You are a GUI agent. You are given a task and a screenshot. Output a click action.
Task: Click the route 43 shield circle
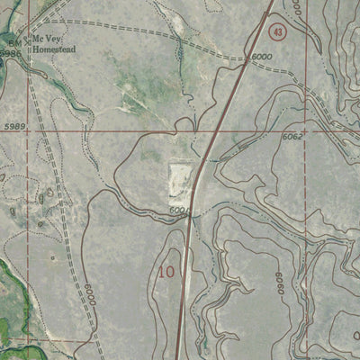pyautogui.click(x=278, y=32)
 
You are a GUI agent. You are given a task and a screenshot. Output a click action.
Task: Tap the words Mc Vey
pyautogui.click(x=44, y=39)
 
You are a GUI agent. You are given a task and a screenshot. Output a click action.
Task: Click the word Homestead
pyautogui.click(x=56, y=49)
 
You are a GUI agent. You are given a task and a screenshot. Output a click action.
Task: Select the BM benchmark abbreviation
pyautogui.click(x=13, y=42)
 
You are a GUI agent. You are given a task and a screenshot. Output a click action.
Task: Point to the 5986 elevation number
pyautogui.click(x=9, y=54)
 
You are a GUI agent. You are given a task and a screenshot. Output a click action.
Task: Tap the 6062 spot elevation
pyautogui.click(x=292, y=137)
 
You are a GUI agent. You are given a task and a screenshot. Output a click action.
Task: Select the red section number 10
pyautogui.click(x=166, y=270)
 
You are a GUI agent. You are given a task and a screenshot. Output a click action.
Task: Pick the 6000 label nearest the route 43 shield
pyautogui.click(x=262, y=57)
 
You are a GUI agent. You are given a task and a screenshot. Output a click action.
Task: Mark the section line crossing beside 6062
pyautogui.click(x=309, y=131)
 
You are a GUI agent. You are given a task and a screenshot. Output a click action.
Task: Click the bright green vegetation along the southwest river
pyautogui.click(x=11, y=297)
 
